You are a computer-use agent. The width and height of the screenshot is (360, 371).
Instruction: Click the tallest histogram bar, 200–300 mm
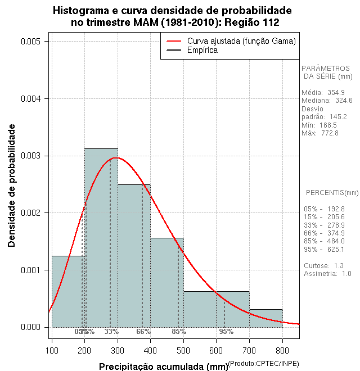(x=101, y=236)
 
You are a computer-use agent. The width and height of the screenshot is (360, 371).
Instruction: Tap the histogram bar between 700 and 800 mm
(x=265, y=318)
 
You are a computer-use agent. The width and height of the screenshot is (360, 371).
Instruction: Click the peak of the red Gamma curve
(x=116, y=158)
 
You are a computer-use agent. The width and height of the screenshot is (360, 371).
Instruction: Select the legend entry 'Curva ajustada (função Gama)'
(x=241, y=41)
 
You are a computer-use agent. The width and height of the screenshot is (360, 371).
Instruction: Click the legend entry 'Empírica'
(x=202, y=51)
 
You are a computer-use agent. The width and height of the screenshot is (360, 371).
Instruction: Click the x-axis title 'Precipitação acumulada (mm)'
(x=163, y=367)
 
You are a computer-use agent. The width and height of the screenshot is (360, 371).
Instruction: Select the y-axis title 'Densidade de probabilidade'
(x=12, y=185)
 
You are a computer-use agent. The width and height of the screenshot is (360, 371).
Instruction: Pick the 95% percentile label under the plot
(x=226, y=332)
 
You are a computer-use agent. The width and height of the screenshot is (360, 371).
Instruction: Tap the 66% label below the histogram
(x=143, y=332)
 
